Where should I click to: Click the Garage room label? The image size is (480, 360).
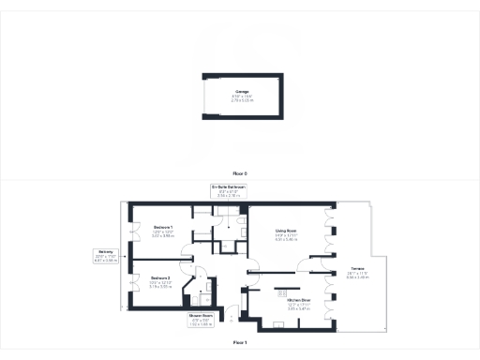click(x=242, y=91)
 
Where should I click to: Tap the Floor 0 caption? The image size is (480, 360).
click(x=240, y=175)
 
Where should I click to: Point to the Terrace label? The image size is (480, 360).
click(x=357, y=269)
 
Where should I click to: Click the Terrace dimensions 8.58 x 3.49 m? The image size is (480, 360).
click(x=357, y=277)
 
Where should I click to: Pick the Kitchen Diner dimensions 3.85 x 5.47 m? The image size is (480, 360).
click(x=287, y=309)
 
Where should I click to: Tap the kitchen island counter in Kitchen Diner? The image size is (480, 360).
click(x=287, y=286)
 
